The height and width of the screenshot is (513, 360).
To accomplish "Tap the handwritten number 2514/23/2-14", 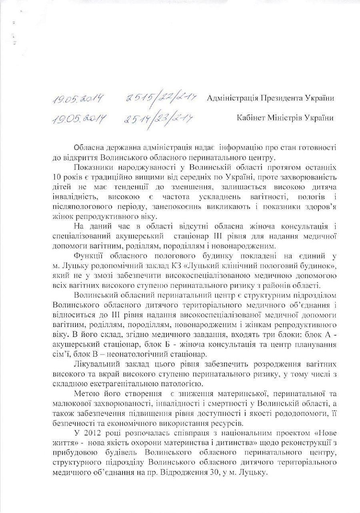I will (x=159, y=118).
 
